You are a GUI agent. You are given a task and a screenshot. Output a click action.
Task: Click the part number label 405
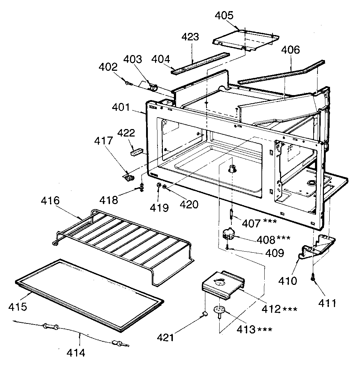pyautogui.click(x=224, y=15)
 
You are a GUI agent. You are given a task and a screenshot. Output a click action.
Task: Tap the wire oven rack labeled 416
pyautogui.click(x=121, y=243)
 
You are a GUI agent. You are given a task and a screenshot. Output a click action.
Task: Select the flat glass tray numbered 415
pyautogui.click(x=89, y=293)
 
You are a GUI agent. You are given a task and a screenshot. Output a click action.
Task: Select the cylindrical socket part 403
pyautogui.click(x=154, y=87)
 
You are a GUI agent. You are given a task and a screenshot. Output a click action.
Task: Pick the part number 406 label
pyautogui.click(x=291, y=50)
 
